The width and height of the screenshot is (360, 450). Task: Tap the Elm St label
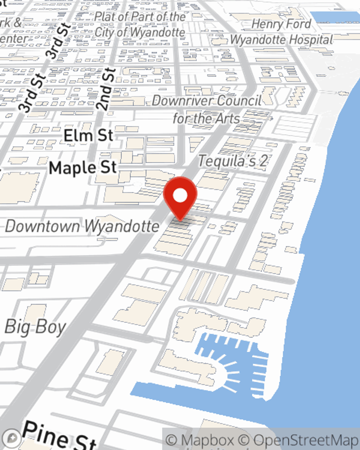88,136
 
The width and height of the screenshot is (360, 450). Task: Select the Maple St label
83,168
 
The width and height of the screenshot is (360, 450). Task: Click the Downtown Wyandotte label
82,226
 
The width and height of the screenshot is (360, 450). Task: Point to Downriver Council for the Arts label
207,109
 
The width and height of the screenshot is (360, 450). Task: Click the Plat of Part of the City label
140,24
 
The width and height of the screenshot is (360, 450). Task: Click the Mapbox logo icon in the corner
12,438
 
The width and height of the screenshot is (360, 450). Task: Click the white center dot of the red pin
180,196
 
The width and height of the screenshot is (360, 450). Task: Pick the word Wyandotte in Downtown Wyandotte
122,226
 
